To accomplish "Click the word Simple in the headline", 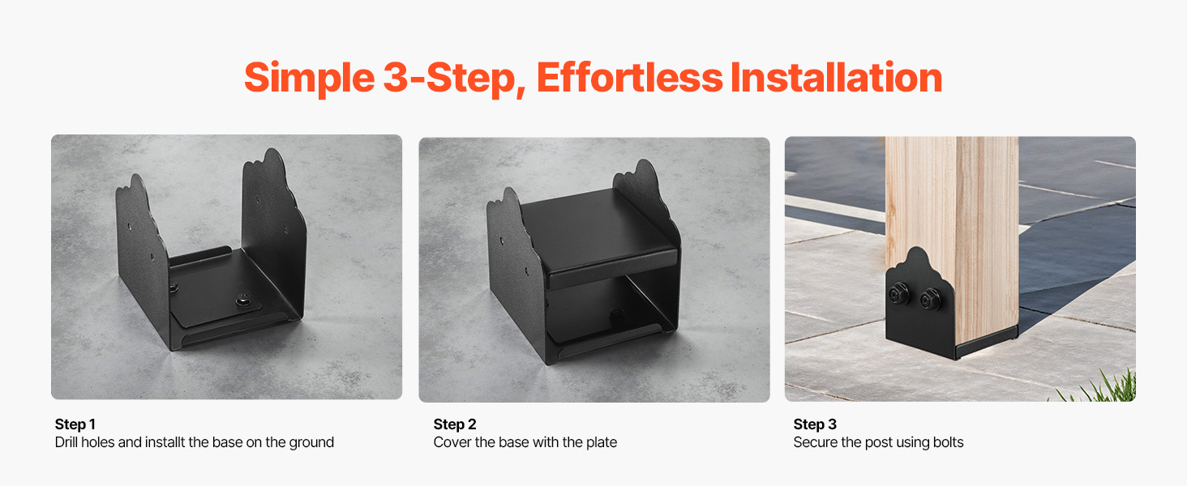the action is point(310,79).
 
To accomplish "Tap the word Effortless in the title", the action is point(629,77).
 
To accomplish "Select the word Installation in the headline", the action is point(836,77).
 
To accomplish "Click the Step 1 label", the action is point(75,424).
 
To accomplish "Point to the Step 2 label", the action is point(455,424).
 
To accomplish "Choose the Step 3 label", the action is point(815,424).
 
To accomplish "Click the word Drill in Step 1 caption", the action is point(66,442).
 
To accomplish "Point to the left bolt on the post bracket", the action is point(900,294).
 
